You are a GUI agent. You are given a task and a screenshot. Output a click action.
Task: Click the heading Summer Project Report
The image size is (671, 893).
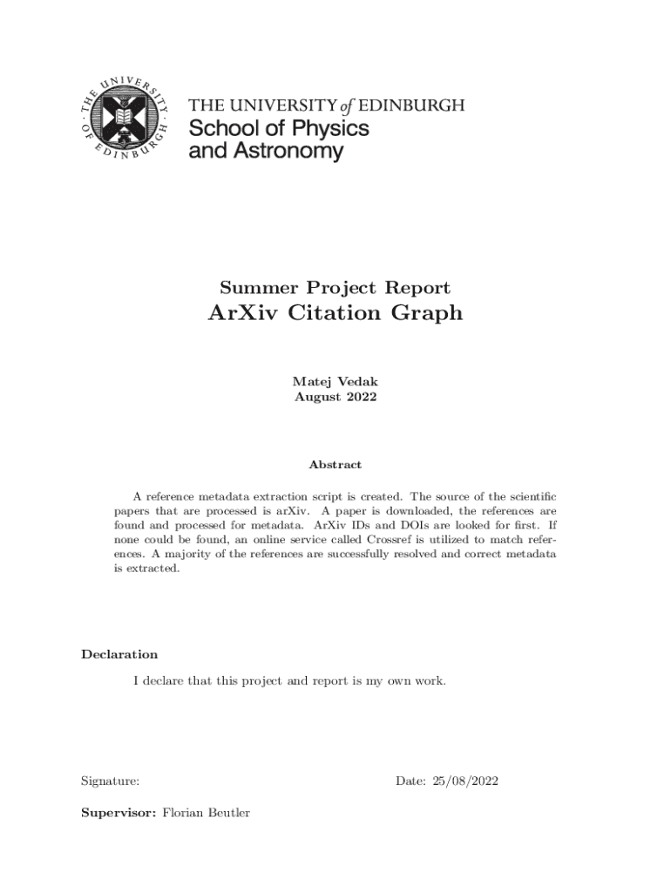[335, 288]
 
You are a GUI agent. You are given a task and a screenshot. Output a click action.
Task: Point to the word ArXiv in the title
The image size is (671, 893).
[241, 312]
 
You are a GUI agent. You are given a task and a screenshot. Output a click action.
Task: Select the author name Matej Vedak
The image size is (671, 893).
[335, 382]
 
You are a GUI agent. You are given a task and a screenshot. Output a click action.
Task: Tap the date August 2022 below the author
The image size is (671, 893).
[335, 397]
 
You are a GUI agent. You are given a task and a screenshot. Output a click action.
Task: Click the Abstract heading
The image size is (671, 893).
[335, 465]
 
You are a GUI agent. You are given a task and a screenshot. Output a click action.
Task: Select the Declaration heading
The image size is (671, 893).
[119, 654]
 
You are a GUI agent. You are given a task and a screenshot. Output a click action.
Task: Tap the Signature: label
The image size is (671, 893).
[110, 781]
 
